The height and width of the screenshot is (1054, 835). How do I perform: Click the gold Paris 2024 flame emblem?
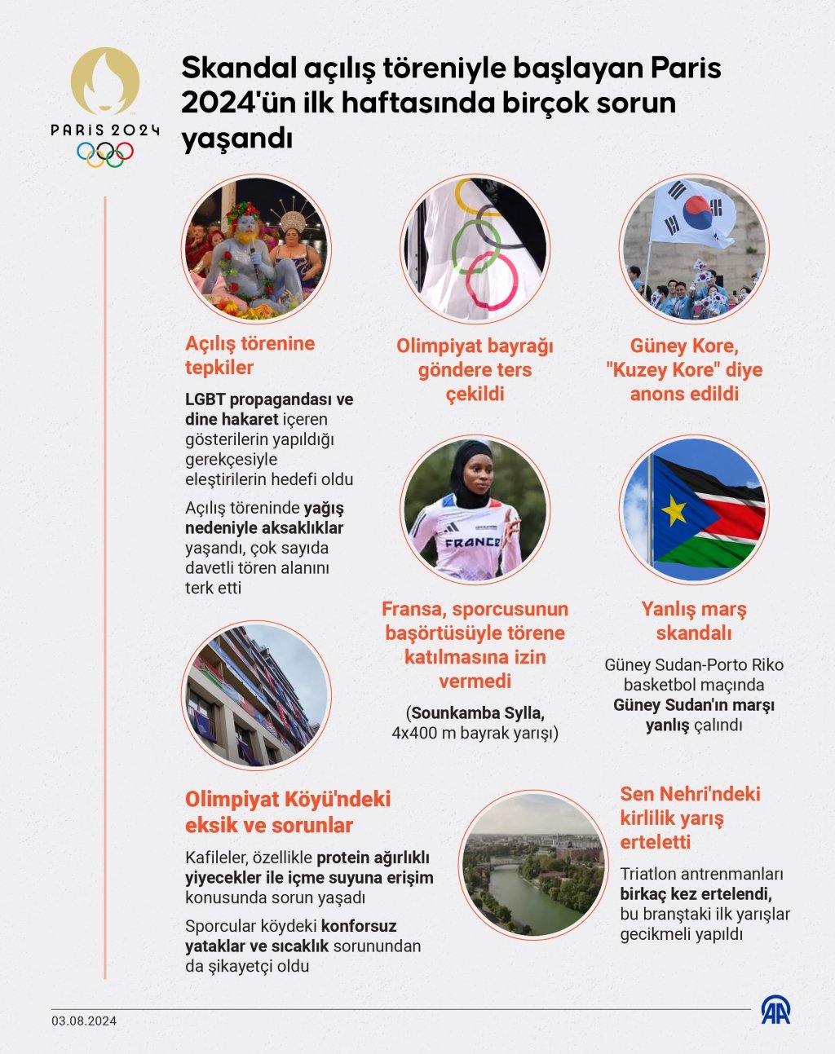point(105,82)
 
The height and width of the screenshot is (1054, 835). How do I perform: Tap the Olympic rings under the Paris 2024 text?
point(105,153)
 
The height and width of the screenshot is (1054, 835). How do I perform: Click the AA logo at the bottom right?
point(775,1010)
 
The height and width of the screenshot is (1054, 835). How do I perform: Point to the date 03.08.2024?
point(84,1021)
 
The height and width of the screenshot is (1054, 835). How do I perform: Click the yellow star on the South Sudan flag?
point(674,510)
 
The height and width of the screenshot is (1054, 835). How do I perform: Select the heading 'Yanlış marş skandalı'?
point(693,621)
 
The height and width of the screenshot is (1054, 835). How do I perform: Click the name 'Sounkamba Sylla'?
point(478,713)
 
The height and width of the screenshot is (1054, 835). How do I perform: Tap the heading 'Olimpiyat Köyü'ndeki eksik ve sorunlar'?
point(287,812)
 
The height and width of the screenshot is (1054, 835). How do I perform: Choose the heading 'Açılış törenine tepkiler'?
point(250,355)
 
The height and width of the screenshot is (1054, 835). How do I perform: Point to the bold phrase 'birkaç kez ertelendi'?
point(696,894)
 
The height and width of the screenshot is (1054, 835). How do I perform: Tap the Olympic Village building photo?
point(255,695)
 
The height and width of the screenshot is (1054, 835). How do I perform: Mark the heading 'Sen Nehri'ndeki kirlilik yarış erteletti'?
point(690,818)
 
